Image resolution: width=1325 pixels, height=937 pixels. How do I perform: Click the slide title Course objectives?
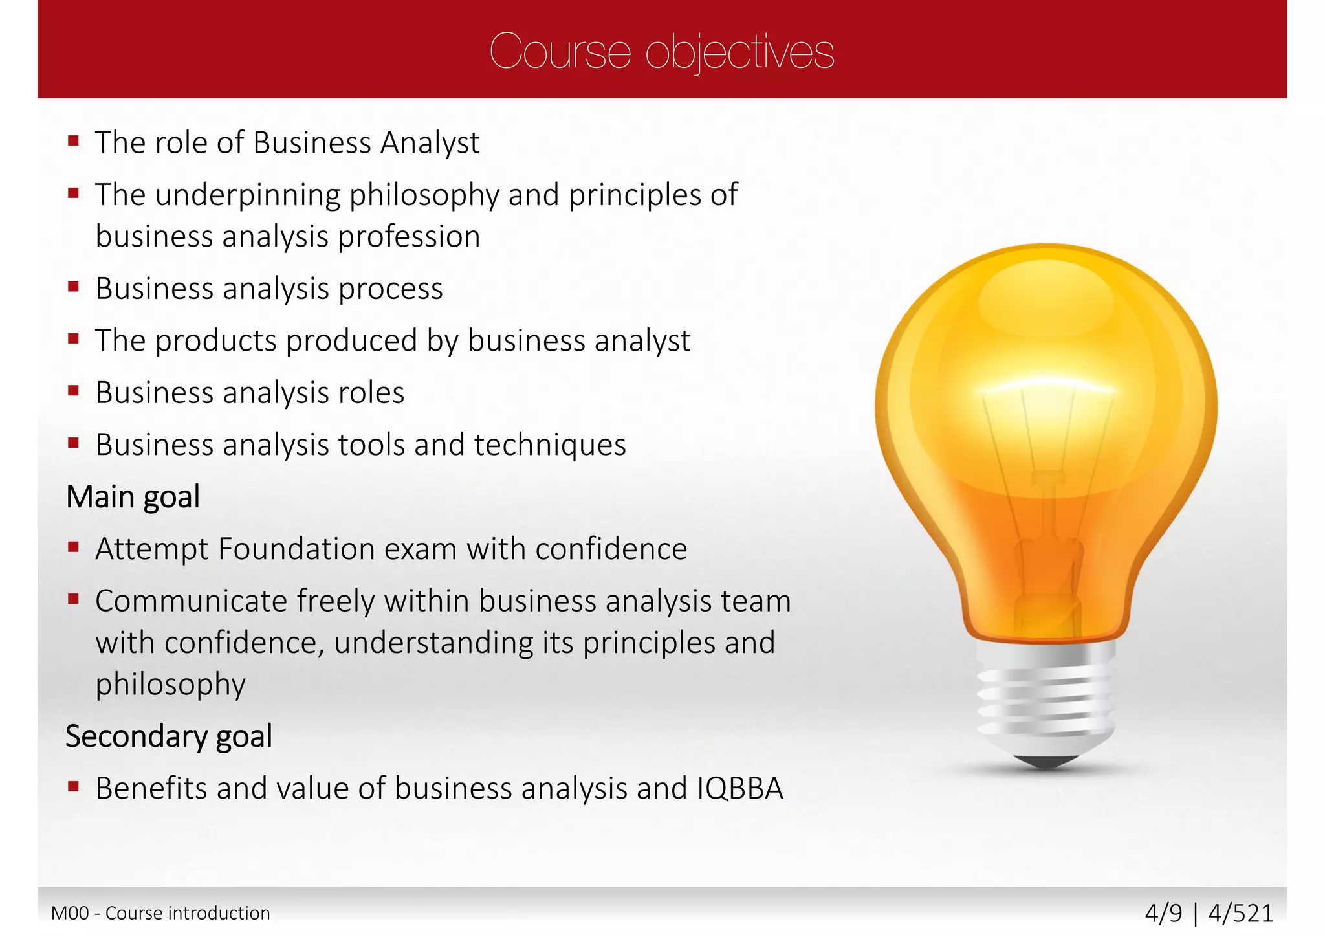[661, 52]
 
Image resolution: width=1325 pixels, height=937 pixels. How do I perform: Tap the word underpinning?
[247, 195]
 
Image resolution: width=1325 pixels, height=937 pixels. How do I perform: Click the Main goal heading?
[133, 497]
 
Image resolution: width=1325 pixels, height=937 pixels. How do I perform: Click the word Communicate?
[192, 601]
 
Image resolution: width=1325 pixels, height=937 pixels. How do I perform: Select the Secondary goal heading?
[169, 736]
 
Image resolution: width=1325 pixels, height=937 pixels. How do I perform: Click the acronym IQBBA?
[739, 789]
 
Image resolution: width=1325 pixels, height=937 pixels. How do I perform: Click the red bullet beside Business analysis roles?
[73, 391]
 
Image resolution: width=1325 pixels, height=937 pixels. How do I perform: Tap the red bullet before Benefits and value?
[73, 787]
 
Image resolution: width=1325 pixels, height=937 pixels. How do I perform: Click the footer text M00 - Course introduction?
[160, 913]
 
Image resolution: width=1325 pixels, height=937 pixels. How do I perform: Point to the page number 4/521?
[1240, 913]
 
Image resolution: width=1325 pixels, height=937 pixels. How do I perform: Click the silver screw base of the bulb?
[1046, 699]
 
